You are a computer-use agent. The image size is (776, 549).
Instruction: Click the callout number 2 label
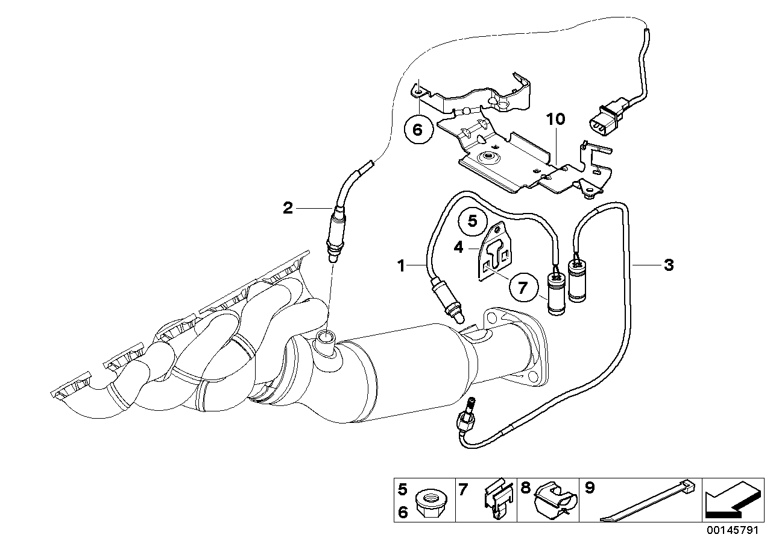click(x=288, y=209)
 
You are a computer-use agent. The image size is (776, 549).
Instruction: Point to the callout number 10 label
click(x=555, y=119)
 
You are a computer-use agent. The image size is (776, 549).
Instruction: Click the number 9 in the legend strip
click(x=589, y=488)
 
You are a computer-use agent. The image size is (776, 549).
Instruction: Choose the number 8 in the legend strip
click(x=525, y=488)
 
